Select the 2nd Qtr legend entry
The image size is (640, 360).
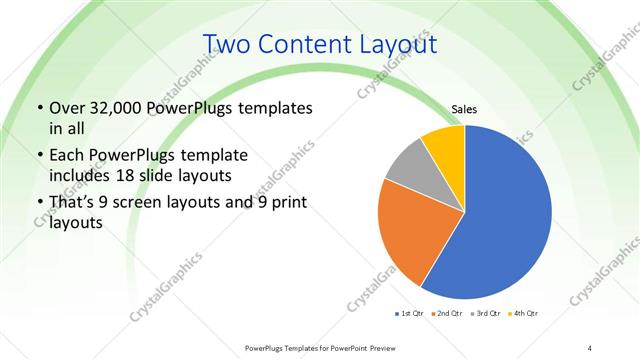point(447,314)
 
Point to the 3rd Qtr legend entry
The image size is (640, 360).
point(484,314)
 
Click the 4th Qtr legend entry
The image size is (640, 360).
point(521,314)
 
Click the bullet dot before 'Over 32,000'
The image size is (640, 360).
point(39,107)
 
